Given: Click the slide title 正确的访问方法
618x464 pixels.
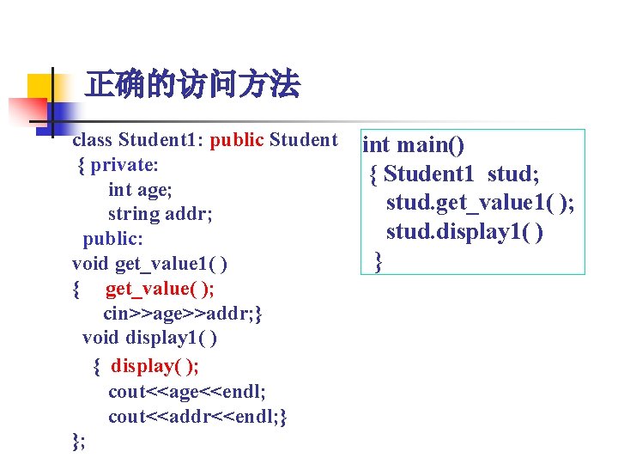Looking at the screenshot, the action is coord(192,85).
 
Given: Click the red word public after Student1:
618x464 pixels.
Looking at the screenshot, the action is coord(237,140).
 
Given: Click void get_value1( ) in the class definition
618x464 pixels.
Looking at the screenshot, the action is coord(149,262).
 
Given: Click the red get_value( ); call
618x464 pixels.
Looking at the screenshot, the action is coord(160,288).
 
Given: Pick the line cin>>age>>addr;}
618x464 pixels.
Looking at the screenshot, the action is coord(182,314).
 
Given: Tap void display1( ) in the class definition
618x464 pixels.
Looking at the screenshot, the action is coord(149,339).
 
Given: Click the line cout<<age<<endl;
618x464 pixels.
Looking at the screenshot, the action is coord(186,392).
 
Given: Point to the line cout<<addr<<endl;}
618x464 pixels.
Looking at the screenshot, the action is coord(197,417).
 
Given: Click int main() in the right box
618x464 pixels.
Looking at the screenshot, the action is coord(415,146).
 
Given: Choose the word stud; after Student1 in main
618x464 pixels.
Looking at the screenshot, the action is coord(513,174).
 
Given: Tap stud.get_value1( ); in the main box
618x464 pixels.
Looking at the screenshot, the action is coord(480,203).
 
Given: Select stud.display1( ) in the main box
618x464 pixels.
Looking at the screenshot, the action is coord(464,232).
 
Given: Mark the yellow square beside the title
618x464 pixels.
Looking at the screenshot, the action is coord(40,87).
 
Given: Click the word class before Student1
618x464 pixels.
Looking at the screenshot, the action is coord(93,140).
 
